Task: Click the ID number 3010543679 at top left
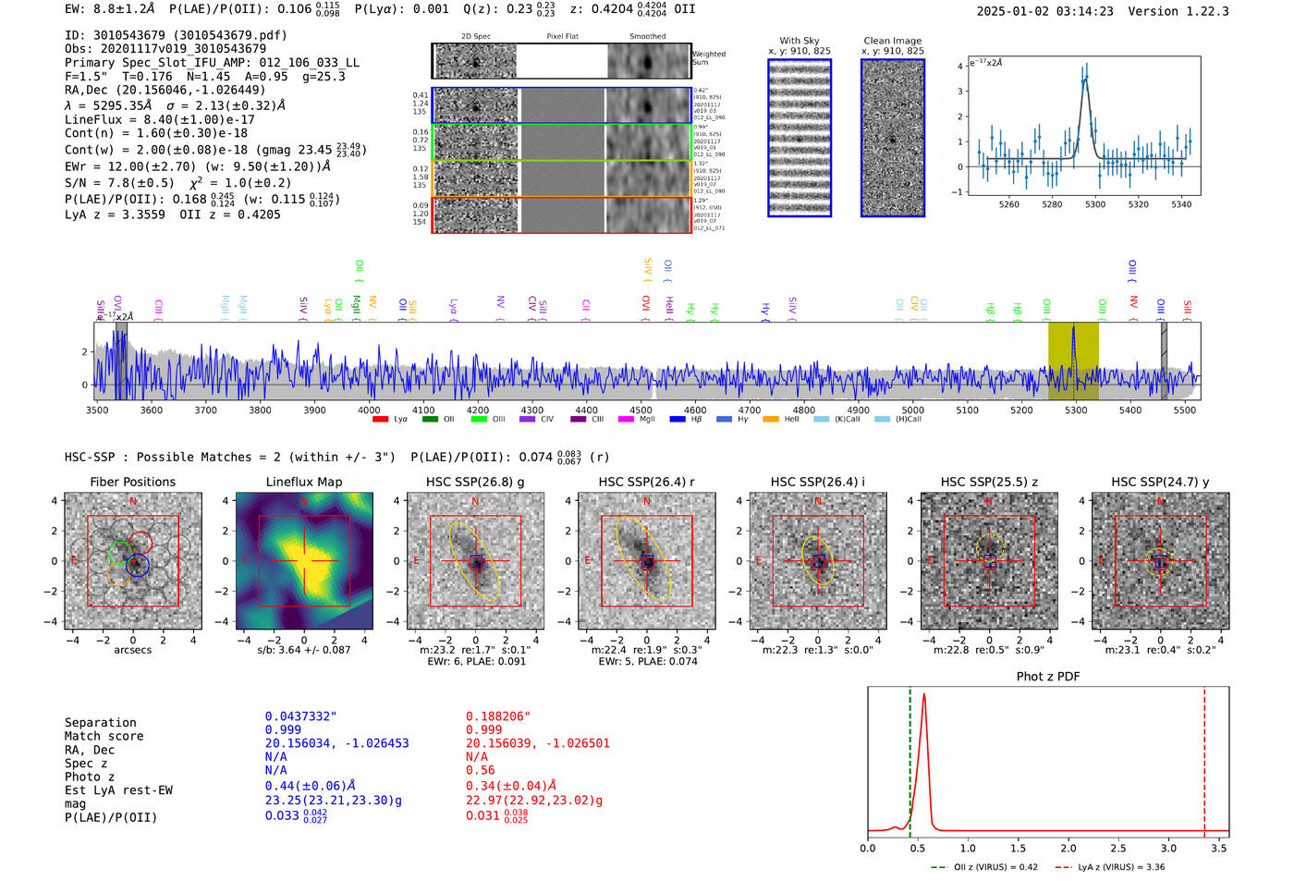(x=129, y=35)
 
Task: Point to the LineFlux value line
(x=159, y=119)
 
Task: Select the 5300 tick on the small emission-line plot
(x=1095, y=204)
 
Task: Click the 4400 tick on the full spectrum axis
(x=586, y=410)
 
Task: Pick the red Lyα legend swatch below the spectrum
(x=380, y=420)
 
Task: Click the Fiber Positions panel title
(x=132, y=482)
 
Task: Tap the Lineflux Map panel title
(x=303, y=482)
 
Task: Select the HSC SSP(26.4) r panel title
(x=646, y=482)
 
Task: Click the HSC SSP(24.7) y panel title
(x=1160, y=482)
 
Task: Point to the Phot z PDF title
(x=1048, y=677)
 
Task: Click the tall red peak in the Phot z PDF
(x=923, y=703)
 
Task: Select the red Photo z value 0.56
(x=480, y=770)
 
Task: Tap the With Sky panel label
(x=799, y=41)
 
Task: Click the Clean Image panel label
(x=892, y=41)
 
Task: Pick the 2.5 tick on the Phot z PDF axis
(x=1118, y=848)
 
